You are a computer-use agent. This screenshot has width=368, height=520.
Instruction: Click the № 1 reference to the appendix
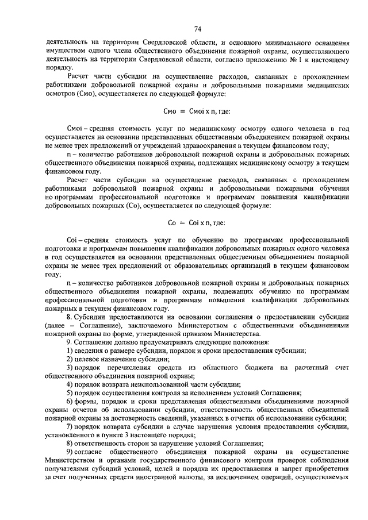(x=285, y=59)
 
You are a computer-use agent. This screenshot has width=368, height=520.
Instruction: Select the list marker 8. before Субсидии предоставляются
(x=69, y=316)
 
